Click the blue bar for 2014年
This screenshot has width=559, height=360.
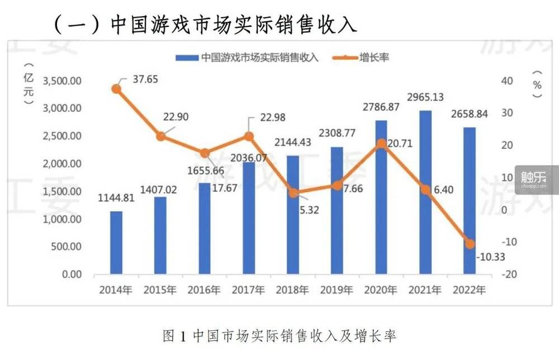click(116, 243)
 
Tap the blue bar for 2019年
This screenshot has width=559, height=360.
click(337, 210)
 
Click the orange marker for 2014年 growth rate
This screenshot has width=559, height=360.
click(116, 89)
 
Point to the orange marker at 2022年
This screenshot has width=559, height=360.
click(470, 244)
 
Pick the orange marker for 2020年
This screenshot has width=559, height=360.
click(381, 144)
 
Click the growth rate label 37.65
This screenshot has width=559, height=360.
click(145, 79)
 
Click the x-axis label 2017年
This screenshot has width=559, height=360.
click(248, 290)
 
